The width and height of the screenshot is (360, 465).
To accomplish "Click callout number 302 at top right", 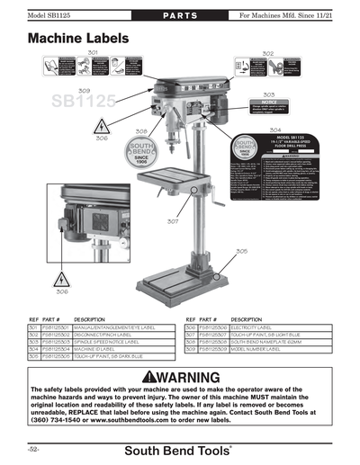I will [268, 54].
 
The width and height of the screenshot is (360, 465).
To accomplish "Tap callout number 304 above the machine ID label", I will [274, 130].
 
